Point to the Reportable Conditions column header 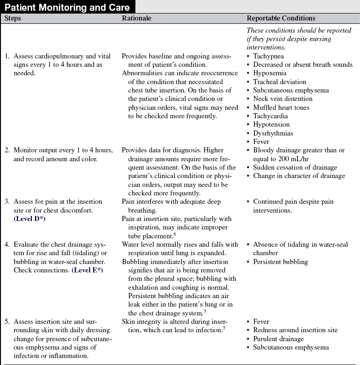[281, 19]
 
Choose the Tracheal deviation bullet [280, 82]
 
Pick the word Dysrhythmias [273, 133]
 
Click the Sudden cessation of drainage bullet [295, 167]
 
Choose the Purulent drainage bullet [278, 339]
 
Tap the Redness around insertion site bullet [295, 330]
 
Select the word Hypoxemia [270, 73]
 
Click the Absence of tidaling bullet [300, 244]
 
